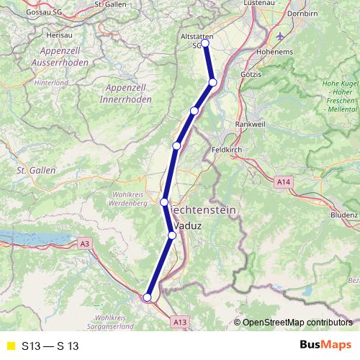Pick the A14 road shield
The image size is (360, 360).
coord(284,184)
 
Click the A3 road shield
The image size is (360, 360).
coord(86,244)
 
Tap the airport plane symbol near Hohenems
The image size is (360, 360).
coord(279,35)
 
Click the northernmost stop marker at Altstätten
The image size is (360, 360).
coord(204,43)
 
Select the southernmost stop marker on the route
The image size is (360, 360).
coord(147,297)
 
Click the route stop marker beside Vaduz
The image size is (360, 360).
coord(172,235)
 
